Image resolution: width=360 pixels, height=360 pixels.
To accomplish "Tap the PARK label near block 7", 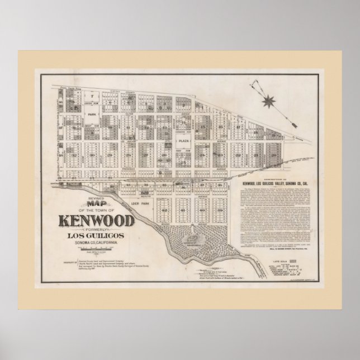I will click(x=92, y=111).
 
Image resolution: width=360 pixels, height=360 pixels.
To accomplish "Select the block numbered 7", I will click(x=93, y=96).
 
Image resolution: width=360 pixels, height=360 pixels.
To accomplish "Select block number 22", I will click(x=238, y=155).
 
